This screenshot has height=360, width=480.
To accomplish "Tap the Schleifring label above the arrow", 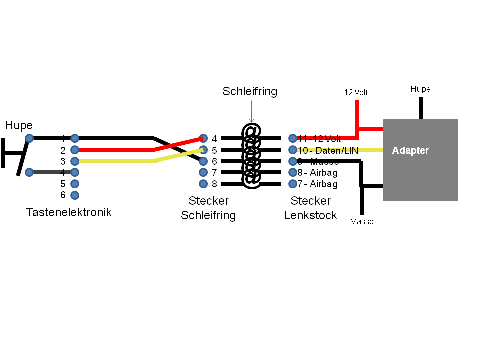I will pos(250,91).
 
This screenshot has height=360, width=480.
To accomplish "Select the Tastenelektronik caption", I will pos(69,212).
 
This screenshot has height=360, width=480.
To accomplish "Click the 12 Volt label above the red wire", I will pos(356,92).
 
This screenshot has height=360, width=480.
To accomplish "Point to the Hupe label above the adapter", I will pos(420,89).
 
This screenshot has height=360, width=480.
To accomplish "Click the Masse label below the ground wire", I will pos(362,221).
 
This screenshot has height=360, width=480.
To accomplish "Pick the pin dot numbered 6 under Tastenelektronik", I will pos(75,195).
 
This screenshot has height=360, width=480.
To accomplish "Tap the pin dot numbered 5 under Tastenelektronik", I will pos(75,183).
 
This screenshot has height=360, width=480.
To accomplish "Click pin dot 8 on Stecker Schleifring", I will pos(203,184).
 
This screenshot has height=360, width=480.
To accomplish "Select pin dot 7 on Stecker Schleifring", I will pos(203,172).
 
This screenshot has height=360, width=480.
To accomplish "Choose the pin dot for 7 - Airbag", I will pos(292,184).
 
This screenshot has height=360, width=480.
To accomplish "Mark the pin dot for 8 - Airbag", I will pos(292,172).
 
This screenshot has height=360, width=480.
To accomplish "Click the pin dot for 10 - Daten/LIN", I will pos(292,149).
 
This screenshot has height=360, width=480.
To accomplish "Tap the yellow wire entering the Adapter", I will pos(372,149).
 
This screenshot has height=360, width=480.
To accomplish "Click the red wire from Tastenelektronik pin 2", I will pos(115,149).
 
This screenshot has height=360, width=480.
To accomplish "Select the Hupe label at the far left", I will pos(19,125).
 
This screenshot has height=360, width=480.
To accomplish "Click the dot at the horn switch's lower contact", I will pos(29,172).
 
